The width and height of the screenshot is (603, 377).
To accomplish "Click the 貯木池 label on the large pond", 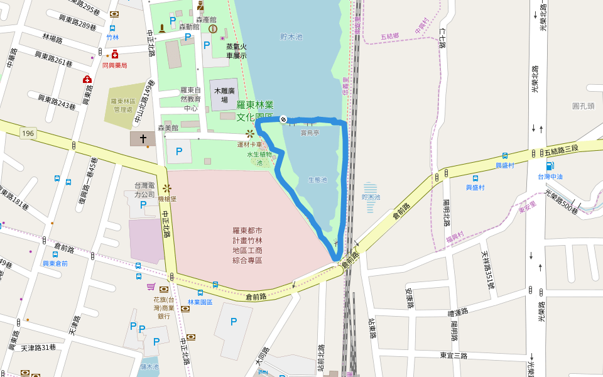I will [291, 37].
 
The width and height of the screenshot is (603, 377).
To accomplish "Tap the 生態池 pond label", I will [317, 180].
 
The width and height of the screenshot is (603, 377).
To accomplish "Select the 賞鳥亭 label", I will [309, 133].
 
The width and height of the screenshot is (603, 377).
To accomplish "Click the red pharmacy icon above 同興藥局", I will [114, 55].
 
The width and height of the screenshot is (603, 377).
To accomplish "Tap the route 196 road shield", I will [27, 133].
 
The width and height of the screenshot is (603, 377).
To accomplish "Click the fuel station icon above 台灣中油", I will [550, 167].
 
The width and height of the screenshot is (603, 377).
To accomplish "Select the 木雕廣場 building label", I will [224, 95].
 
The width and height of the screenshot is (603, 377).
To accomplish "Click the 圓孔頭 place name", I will [584, 106].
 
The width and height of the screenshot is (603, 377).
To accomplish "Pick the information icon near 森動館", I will [213, 29].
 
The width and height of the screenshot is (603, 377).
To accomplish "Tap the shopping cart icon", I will [151, 287].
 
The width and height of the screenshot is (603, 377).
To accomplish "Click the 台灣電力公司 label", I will [144, 190].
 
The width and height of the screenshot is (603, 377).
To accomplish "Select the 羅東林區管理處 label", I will [124, 105].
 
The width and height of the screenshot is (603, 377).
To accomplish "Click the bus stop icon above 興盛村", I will [504, 156].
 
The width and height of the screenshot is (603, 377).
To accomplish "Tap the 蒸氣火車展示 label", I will [236, 51].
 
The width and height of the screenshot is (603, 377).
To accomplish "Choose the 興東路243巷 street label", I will [57, 101].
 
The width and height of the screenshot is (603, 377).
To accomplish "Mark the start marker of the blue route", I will [283, 119].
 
